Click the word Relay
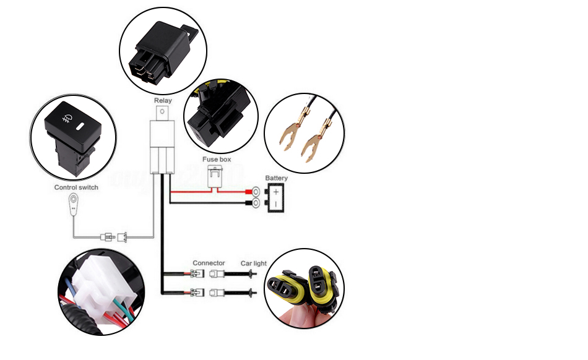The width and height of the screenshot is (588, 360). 163,100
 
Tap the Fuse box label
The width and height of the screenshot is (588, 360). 217,160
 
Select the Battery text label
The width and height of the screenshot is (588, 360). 277,178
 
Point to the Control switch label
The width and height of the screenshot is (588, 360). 76,187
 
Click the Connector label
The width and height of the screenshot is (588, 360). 209,263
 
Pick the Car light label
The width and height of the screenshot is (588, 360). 254,263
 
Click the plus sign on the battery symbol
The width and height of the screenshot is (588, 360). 276,192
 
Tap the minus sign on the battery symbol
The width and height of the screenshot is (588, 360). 276,204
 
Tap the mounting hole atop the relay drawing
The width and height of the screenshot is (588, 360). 163,112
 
